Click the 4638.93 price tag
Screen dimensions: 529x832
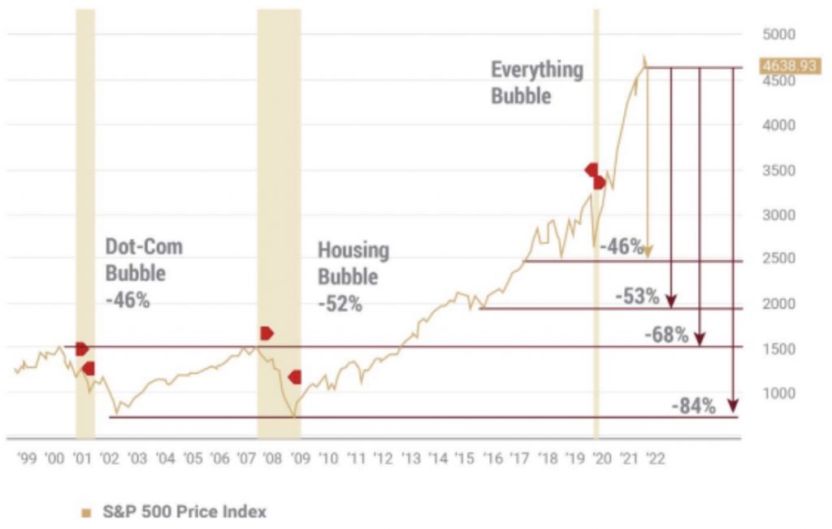tap(787, 66)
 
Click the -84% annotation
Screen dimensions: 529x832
tap(693, 406)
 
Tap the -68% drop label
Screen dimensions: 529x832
tap(666, 334)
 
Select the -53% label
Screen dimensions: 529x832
tap(637, 297)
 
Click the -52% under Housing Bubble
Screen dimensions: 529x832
tap(340, 305)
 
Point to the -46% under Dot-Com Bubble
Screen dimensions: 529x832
tap(128, 299)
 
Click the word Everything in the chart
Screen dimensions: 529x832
tap(536, 70)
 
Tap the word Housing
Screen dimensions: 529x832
tap(353, 249)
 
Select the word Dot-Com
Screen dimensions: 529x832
tap(144, 246)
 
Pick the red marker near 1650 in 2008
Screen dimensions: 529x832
tap(266, 333)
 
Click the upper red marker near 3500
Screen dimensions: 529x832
tap(591, 170)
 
